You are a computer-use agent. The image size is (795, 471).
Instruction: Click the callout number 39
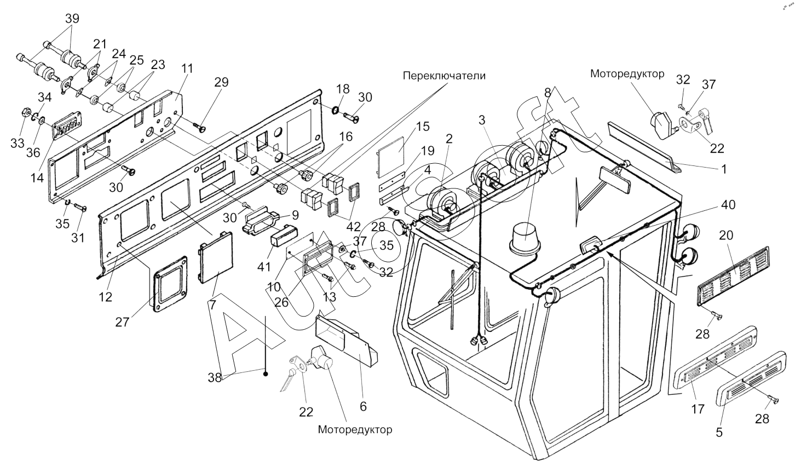(x=72, y=18)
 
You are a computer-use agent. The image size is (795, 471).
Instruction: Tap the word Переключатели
(x=444, y=76)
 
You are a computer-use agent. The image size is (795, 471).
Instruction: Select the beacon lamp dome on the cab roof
(x=525, y=239)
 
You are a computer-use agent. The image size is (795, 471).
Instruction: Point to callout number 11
(x=187, y=69)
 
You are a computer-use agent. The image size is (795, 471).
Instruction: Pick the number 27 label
(x=122, y=322)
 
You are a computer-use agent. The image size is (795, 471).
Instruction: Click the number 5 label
(x=719, y=432)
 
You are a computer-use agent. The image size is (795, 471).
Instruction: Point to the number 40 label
(x=728, y=206)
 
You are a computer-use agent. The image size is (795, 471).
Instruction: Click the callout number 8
(x=548, y=92)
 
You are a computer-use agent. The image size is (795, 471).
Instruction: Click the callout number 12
(x=105, y=297)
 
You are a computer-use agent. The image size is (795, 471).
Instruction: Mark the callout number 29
(x=221, y=83)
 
